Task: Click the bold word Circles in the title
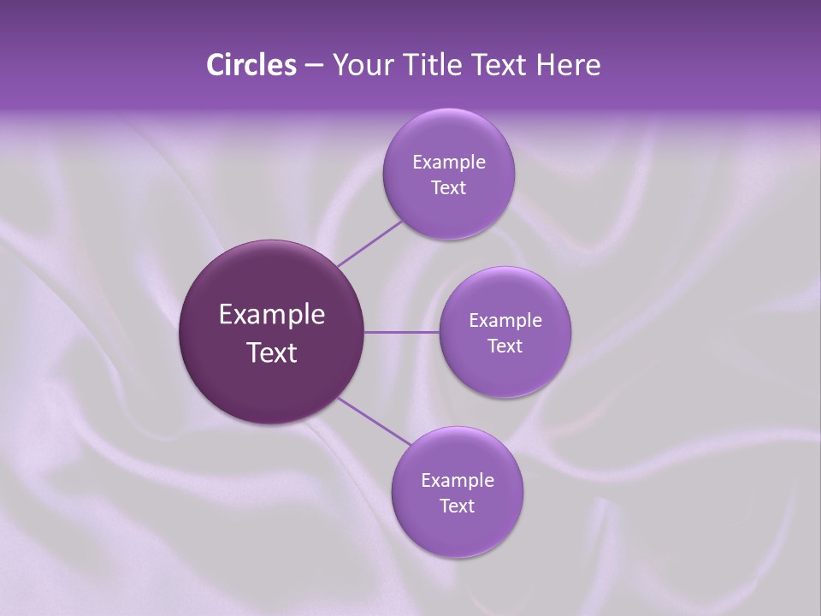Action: coord(251,65)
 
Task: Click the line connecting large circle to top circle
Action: coord(369,244)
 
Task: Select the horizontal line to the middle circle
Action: coord(402,332)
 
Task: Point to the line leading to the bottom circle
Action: coord(374,421)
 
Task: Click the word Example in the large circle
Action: coord(272,315)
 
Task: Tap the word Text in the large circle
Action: coord(272,352)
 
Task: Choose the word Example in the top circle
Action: coord(449,163)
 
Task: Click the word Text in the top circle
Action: coord(449,188)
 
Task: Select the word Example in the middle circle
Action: coord(505,321)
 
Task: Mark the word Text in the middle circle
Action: coord(505,346)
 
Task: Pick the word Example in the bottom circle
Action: coord(458,481)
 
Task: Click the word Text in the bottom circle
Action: coord(458,506)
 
